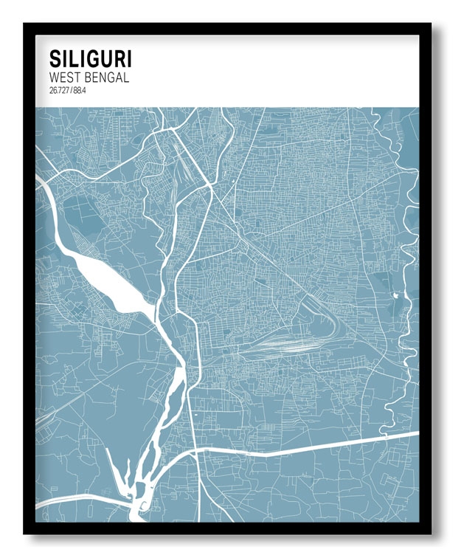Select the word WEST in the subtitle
65,77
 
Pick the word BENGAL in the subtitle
107,77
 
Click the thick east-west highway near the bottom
310,446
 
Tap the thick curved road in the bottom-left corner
74,503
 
